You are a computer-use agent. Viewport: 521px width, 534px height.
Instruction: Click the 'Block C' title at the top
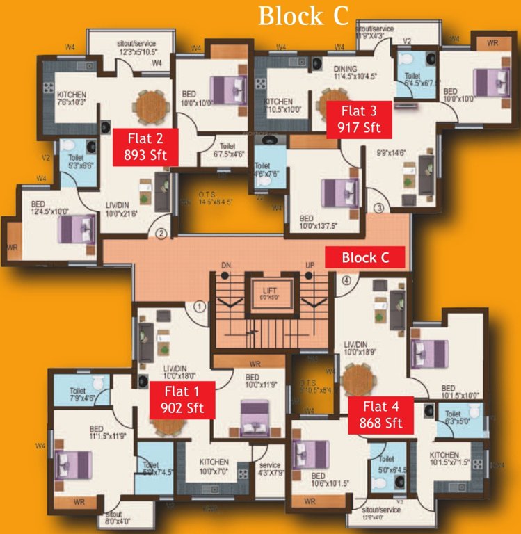point(303,15)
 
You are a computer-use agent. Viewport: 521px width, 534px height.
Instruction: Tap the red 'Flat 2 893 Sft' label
point(146,146)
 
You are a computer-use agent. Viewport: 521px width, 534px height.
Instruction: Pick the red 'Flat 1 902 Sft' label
point(182,400)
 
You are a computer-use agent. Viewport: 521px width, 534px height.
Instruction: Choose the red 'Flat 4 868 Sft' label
point(381,414)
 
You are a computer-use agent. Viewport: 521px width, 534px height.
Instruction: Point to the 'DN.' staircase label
point(226,265)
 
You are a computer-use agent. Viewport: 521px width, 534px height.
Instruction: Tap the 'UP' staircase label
point(310,265)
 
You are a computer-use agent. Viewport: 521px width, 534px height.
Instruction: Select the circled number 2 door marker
point(161,234)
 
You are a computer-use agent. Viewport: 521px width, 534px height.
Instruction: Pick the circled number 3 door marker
point(378,207)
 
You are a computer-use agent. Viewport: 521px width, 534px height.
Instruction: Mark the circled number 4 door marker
point(347,281)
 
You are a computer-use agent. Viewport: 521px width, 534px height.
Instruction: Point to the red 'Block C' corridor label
point(364,257)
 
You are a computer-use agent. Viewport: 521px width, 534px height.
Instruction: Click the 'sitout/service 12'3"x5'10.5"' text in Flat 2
point(136,48)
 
